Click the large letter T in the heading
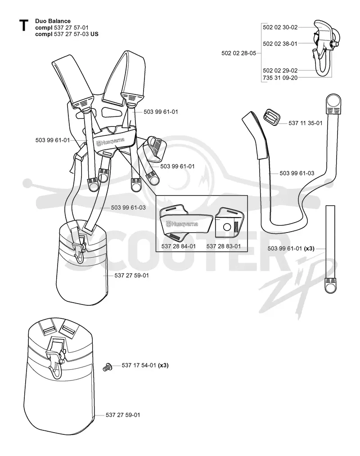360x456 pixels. click(23, 25)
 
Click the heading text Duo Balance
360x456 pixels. click(53, 21)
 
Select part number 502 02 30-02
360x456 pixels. click(280, 27)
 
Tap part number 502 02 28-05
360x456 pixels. click(238, 53)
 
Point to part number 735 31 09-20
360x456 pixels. click(280, 78)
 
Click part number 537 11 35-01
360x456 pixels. click(305, 123)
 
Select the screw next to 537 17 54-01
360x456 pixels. click(108, 367)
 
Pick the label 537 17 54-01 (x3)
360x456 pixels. click(145, 365)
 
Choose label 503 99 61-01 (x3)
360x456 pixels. click(291, 248)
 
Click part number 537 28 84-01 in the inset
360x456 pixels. click(178, 246)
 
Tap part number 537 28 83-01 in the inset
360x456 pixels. click(224, 246)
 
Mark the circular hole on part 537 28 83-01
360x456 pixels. click(227, 227)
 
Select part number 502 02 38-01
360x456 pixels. click(280, 44)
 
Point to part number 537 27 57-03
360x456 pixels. click(71, 34)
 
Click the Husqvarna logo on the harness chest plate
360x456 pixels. click(110, 142)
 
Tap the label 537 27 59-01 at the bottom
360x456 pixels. click(123, 415)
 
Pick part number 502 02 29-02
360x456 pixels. click(280, 70)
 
